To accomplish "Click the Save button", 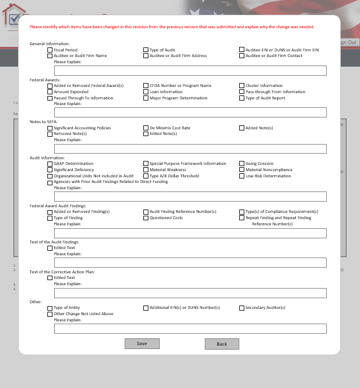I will point(142,343).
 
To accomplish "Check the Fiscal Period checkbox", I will point(50,50).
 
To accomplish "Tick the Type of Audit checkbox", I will point(146,50).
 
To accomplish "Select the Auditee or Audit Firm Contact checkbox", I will point(242,56).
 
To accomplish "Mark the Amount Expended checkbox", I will point(50,92).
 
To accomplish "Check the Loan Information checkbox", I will point(146,92).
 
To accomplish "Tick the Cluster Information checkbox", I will point(242,86).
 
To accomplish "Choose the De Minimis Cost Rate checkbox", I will point(146,128).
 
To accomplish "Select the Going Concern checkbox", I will point(242,164).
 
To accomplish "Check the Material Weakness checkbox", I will point(146,170).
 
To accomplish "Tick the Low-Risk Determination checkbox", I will point(242,176).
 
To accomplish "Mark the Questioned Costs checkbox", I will point(146,218).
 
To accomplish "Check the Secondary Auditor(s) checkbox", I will point(242,308).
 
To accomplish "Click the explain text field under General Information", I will point(190,71).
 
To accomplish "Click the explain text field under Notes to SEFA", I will point(190,149).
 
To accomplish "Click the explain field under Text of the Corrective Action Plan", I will point(190,293).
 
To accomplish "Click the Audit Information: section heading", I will point(47,158).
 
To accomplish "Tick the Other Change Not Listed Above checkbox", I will point(50,314).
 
